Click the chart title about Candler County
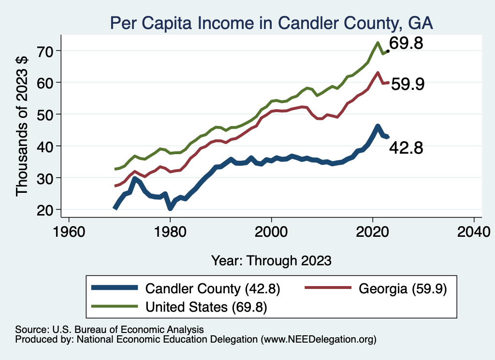point(271,23)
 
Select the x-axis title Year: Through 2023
point(271,260)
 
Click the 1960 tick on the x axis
point(69,229)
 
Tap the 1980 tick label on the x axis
point(170,229)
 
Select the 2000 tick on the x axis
point(272,229)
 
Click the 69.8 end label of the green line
point(407,44)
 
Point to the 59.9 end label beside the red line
point(408,85)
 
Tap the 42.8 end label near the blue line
point(407,148)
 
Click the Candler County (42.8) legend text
point(213,289)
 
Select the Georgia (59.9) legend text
point(403,289)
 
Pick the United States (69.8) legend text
point(206,306)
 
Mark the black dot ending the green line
point(388,51)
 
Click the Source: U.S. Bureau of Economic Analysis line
point(109,330)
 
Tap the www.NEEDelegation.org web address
point(319,339)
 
